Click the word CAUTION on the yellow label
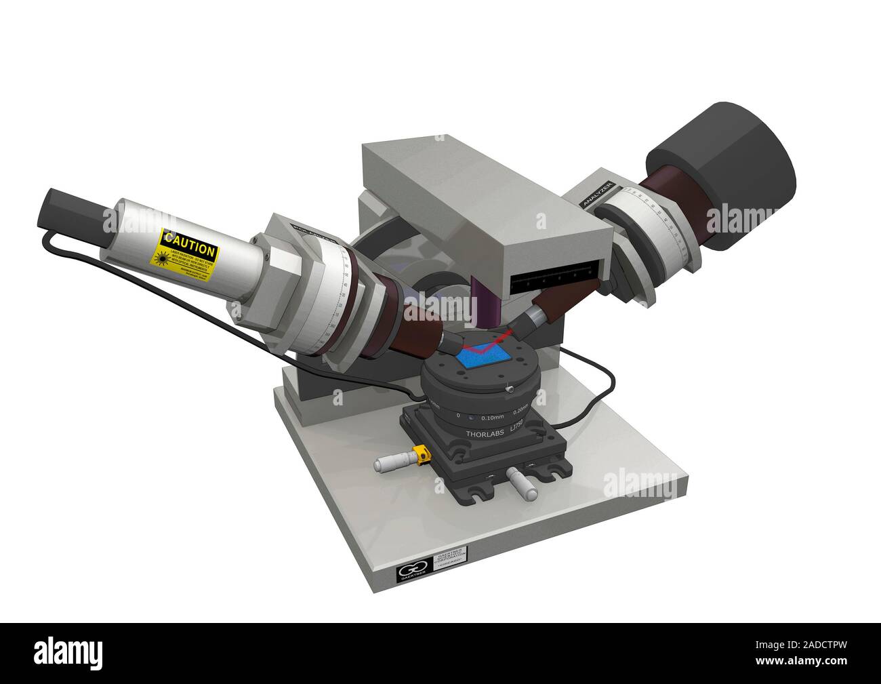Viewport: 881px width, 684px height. point(189,241)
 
